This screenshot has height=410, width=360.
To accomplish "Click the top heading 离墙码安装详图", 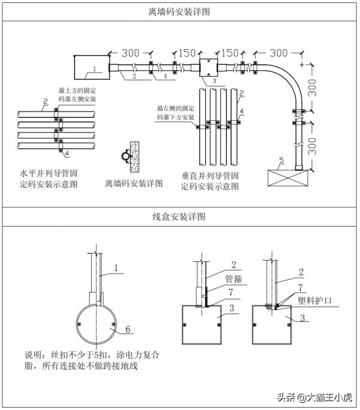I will point(179,11).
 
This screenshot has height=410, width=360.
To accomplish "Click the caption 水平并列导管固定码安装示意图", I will point(49,179).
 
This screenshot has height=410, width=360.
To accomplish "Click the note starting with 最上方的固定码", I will point(77,94).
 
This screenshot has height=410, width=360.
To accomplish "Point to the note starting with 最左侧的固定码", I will point(175,113).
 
